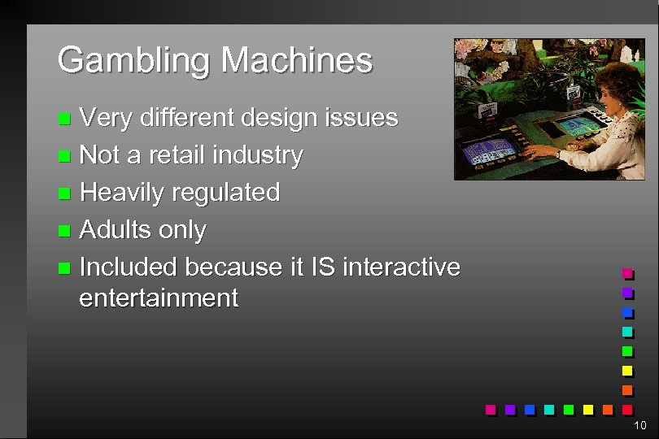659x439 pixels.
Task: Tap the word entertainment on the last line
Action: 159,298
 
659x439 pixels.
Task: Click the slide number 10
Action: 639,426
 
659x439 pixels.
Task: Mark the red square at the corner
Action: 627,409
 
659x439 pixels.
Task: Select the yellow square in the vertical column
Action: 627,371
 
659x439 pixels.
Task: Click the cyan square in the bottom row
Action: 550,409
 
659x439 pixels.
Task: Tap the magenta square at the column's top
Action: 627,273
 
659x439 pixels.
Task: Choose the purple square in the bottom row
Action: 510,409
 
